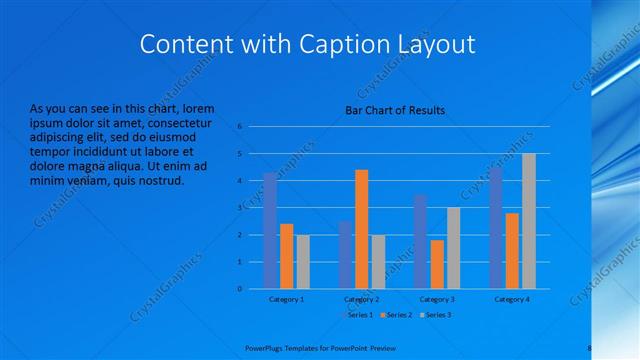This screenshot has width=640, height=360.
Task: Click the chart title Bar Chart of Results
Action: pyautogui.click(x=395, y=111)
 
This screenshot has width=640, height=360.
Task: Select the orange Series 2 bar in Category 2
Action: pyautogui.click(x=361, y=229)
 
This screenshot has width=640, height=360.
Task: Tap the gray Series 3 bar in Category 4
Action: pyautogui.click(x=529, y=221)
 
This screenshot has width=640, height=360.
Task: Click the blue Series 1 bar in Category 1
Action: pyautogui.click(x=270, y=230)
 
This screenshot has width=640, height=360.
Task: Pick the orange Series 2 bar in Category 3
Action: pyautogui.click(x=436, y=264)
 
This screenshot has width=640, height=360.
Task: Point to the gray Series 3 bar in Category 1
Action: pyautogui.click(x=303, y=261)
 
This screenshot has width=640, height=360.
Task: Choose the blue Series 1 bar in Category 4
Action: pyautogui.click(x=495, y=228)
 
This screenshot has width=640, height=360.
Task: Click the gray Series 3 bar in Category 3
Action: pyautogui.click(x=453, y=248)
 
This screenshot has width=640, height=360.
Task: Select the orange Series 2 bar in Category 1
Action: pyautogui.click(x=286, y=256)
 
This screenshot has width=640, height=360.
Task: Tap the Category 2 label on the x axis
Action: pyautogui.click(x=361, y=299)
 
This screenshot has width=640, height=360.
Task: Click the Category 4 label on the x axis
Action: pyautogui.click(x=511, y=299)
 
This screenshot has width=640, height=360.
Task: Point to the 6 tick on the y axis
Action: pyautogui.click(x=240, y=127)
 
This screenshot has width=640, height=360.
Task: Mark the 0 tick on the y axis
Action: pyautogui.click(x=240, y=288)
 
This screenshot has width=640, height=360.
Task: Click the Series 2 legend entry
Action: pyautogui.click(x=396, y=315)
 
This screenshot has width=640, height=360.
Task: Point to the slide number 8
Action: pyautogui.click(x=590, y=348)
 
